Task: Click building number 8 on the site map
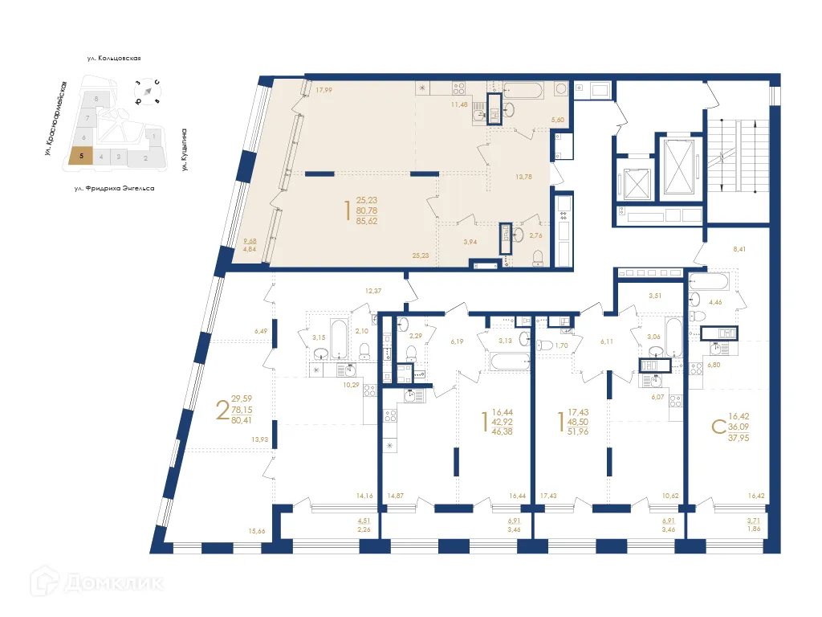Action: pos(96,99)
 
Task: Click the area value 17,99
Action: pos(324,90)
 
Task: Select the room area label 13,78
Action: pos(523,177)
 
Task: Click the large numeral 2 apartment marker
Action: pos(221,410)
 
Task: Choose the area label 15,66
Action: pos(257,531)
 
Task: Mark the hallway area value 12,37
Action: pos(372,290)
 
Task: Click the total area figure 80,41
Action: pos(242,419)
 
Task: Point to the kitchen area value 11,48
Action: pos(459,104)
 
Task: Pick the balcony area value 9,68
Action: pos(250,241)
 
